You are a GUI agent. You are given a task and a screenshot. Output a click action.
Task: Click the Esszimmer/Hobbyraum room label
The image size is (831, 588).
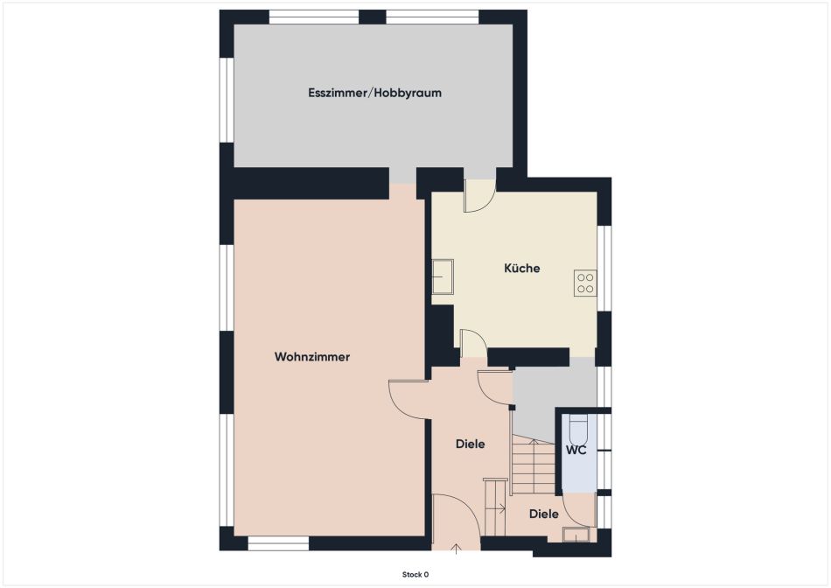[x=374, y=94]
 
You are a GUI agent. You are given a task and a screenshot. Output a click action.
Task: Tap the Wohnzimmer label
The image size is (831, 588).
[x=312, y=357]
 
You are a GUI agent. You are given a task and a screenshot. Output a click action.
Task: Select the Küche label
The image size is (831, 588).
[x=522, y=269]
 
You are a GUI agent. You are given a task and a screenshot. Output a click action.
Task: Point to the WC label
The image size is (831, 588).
[x=576, y=451]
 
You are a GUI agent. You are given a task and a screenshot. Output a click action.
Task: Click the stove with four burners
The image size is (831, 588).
[x=585, y=283]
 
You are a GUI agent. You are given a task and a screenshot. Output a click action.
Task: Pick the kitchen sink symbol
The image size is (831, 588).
[x=443, y=276]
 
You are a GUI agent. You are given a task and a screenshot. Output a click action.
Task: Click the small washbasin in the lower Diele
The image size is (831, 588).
[x=576, y=535]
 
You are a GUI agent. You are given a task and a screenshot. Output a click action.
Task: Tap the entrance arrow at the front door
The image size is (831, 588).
[x=456, y=549]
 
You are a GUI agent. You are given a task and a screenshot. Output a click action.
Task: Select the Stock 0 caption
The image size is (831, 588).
[x=415, y=575]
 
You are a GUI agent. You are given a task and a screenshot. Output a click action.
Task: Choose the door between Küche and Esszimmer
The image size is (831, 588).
[x=479, y=196]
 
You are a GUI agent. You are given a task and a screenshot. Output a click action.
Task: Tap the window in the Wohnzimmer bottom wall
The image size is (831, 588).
[x=279, y=542]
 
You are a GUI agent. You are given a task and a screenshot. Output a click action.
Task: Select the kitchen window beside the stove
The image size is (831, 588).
[x=604, y=269]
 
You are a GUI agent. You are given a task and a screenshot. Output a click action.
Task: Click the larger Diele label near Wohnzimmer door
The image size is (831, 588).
[x=470, y=444]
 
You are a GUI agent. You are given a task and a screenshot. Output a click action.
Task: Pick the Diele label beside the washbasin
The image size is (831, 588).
[x=544, y=514]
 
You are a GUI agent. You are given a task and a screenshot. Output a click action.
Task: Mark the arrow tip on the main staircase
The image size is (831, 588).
[x=535, y=441]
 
